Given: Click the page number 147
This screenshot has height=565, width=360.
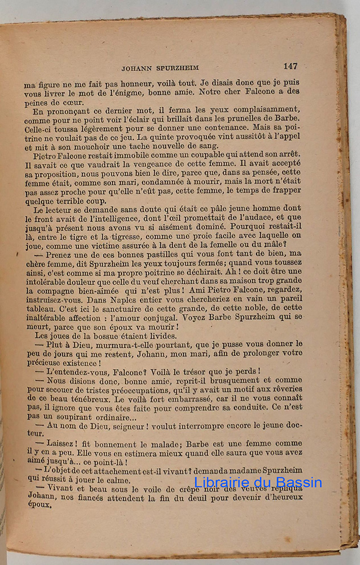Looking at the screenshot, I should click(290, 66).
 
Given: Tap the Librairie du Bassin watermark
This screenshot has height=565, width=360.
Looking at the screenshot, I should click(258, 482).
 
